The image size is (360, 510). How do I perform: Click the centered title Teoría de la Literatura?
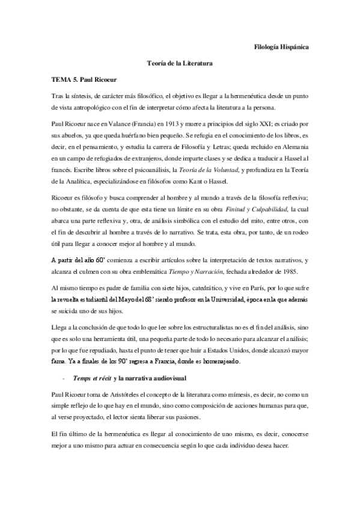coord(180,63)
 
